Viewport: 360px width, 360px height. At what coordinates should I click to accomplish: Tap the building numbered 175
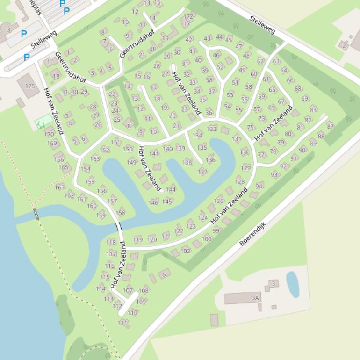[x=29, y=87]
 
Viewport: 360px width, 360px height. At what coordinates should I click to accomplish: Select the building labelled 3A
[x=243, y=298]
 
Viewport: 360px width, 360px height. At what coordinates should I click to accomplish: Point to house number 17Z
[x=188, y=16]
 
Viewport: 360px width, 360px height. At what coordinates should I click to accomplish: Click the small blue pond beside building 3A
[x=292, y=284]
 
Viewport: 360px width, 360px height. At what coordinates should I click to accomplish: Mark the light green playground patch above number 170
[x=43, y=122]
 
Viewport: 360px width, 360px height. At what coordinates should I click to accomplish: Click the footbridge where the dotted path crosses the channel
[x=36, y=214]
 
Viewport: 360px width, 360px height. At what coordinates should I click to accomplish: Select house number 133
[x=212, y=129]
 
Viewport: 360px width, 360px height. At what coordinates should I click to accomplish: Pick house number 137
[x=202, y=172]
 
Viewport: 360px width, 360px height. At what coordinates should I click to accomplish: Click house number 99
[x=216, y=230]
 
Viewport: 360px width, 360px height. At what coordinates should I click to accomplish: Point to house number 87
[x=331, y=126]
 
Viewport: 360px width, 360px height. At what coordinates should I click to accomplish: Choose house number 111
[x=122, y=323]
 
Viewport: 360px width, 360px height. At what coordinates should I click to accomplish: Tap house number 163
[x=59, y=187]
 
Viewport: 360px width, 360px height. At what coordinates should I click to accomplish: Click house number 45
[x=228, y=40]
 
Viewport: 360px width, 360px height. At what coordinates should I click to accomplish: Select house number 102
[x=185, y=251]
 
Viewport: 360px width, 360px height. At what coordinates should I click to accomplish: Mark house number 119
[x=138, y=240]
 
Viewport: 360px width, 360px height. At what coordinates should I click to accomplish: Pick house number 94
[x=259, y=186]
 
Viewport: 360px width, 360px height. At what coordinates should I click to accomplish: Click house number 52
[x=220, y=67]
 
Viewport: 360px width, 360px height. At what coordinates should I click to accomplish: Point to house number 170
[x=49, y=134]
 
